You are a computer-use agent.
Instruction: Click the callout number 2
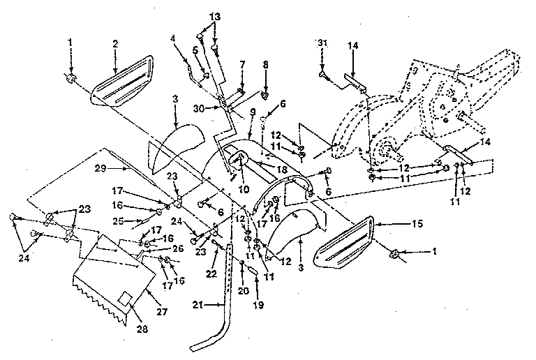[114, 43]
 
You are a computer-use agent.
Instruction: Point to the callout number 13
[214, 15]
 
